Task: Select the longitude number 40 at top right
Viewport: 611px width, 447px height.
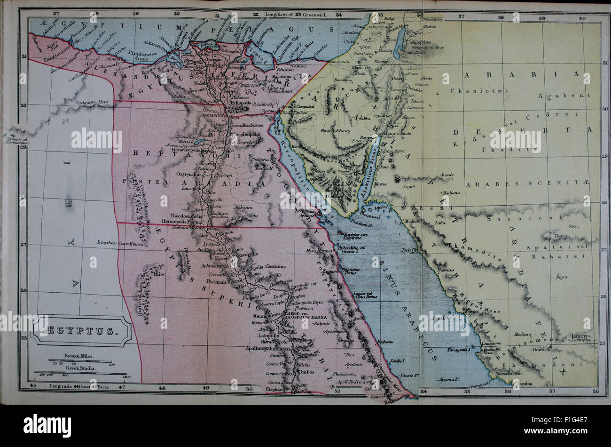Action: [582, 18]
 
